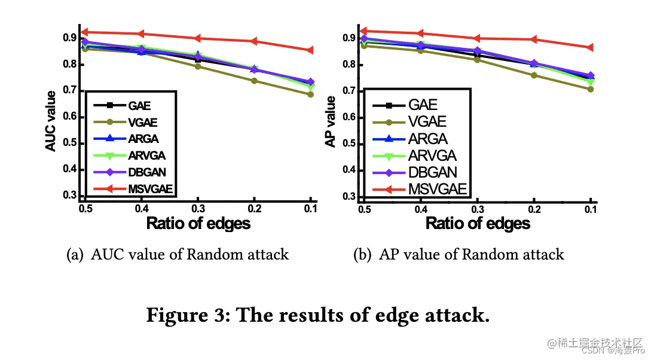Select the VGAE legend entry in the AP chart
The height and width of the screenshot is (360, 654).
point(427,122)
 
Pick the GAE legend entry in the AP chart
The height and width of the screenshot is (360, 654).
point(423,105)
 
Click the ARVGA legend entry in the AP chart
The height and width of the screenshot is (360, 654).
point(432,156)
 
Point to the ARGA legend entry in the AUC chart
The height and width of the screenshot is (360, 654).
point(143,139)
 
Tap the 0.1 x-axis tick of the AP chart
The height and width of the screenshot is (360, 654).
point(590,210)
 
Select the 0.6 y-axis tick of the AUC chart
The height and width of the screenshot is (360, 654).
point(71,117)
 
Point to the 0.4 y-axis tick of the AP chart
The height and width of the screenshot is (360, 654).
point(350,170)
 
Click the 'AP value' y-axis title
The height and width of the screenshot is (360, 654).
point(331,121)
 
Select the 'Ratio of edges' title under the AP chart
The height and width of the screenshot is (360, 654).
point(478,224)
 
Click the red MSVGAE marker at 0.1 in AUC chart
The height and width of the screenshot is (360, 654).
point(310,50)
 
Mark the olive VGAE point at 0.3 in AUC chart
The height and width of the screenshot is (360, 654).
point(198,66)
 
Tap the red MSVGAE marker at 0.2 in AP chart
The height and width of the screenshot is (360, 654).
point(534,39)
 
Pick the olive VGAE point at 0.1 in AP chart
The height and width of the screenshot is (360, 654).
point(590,89)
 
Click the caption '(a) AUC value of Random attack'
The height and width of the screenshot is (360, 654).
point(178,255)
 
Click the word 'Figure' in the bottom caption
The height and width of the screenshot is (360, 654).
point(173,315)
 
